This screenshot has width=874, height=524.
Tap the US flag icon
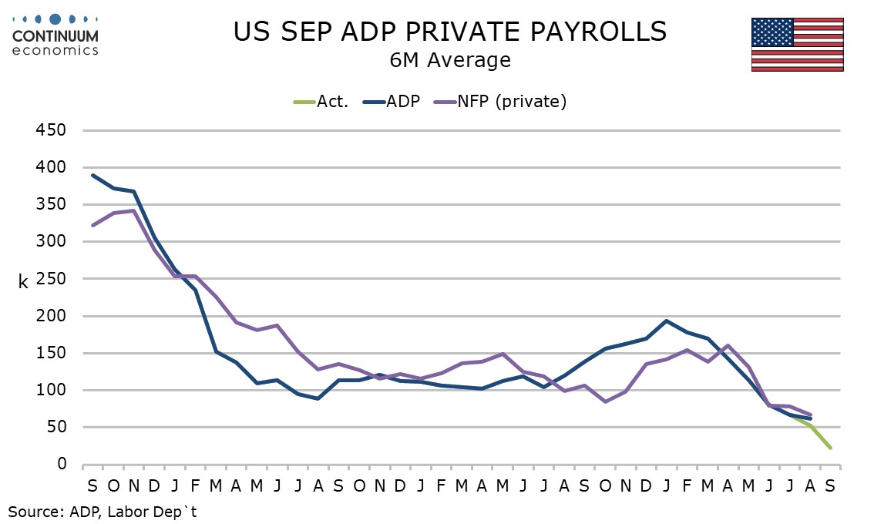[x=797, y=45]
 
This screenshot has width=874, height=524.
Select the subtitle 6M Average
[x=451, y=60]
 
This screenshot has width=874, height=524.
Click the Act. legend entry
[x=321, y=102]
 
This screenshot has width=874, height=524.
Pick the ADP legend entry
[x=393, y=102]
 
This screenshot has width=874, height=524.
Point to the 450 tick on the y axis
[x=49, y=130]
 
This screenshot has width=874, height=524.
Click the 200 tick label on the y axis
[x=49, y=316]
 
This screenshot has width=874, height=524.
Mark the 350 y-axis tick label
[x=49, y=205]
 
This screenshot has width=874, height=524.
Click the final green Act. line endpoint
[x=831, y=448]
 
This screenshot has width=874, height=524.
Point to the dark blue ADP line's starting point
[x=92, y=175]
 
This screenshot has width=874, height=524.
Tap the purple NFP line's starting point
[x=92, y=226]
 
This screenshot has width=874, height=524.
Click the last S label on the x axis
[x=831, y=485]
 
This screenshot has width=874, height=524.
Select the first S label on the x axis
[x=92, y=485]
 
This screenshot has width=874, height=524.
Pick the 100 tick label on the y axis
[x=49, y=390]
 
